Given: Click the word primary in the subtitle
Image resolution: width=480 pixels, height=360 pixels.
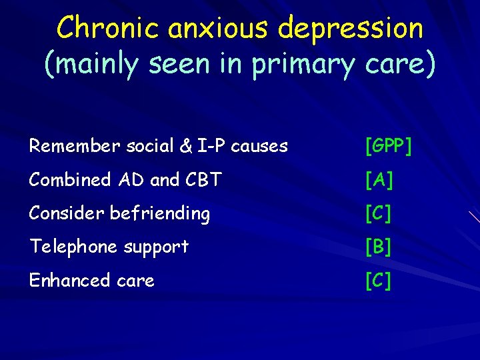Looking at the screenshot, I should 307,65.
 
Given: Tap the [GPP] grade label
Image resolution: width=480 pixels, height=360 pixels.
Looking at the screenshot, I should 388,146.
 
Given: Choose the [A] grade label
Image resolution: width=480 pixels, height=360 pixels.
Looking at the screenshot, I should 379,180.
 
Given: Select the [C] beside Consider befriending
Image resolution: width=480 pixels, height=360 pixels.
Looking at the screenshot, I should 378,213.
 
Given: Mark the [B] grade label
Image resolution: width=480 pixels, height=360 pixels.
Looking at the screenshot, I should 378,247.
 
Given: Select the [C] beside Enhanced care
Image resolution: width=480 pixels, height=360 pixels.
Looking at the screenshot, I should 378,281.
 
